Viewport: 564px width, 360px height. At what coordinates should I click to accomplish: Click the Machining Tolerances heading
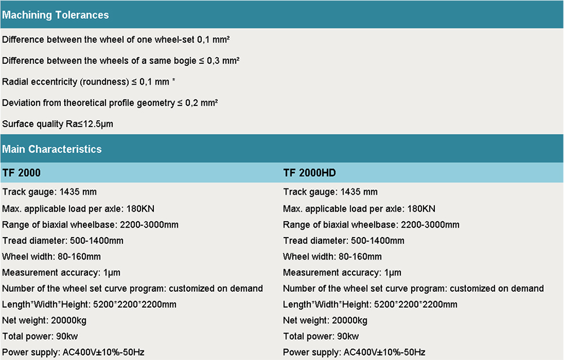pos(55,15)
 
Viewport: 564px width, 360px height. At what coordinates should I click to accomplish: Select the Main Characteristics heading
pos(52,150)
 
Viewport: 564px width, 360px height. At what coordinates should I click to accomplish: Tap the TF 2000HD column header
pos(310,173)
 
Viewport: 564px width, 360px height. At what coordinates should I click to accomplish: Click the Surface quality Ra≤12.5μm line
pos(58,124)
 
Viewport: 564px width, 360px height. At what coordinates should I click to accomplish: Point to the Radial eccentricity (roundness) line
pos(89,82)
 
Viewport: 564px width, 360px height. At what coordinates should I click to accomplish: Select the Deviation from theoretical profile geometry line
pos(110,103)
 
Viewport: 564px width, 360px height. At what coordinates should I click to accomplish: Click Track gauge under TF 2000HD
pos(331,192)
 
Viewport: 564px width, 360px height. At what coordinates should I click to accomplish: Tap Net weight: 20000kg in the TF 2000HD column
pos(325,321)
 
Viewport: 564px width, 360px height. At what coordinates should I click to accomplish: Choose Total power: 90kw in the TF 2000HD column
pos(321,337)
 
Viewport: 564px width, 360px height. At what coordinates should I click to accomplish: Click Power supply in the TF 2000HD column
pos(354,353)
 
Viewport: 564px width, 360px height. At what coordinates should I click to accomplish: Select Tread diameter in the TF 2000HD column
pos(343,240)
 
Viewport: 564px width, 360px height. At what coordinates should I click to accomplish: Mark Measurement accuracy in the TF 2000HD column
pos(342,273)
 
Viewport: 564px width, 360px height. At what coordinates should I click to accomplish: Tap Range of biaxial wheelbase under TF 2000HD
pos(371,225)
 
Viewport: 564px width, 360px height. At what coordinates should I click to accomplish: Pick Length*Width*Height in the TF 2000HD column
pos(370,305)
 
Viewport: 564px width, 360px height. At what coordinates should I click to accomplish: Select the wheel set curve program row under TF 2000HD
pos(413,288)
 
